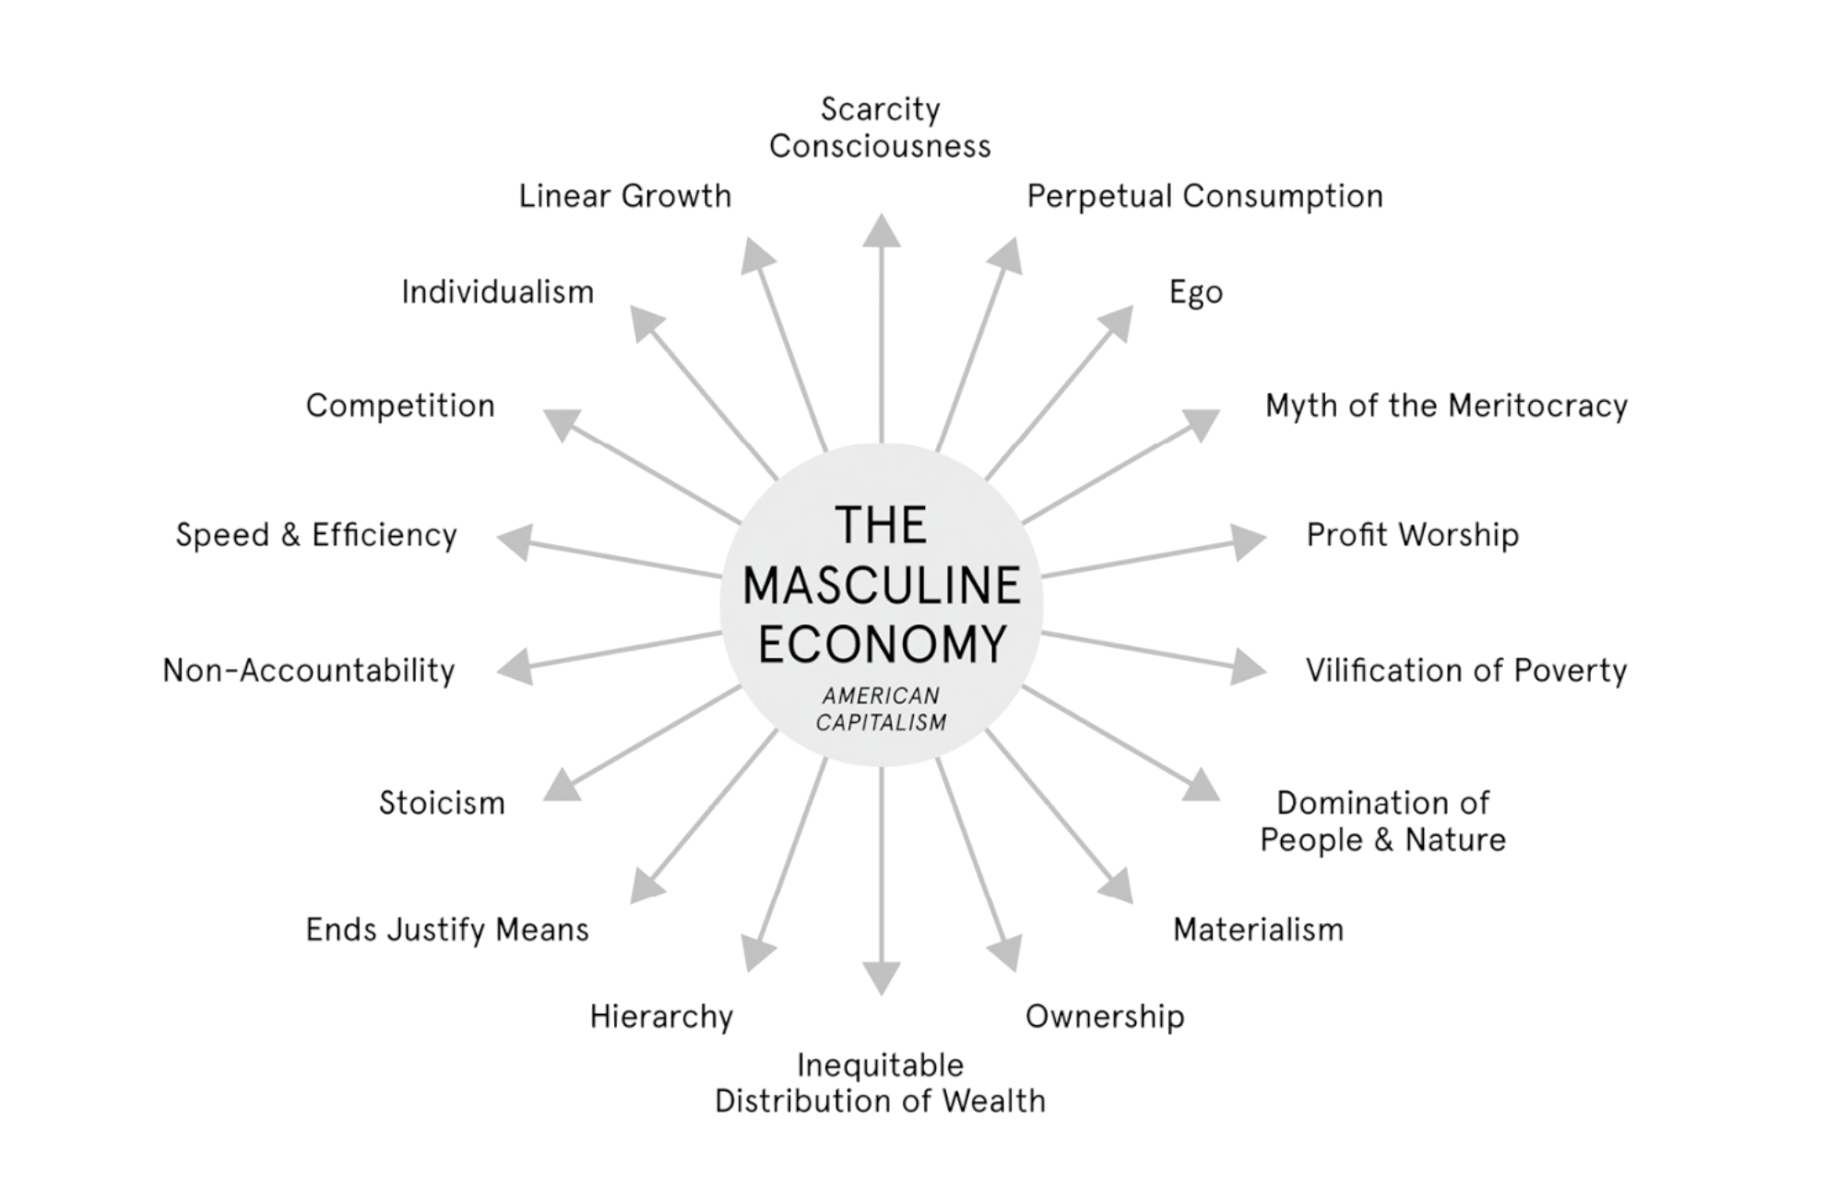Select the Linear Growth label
pos(625,196)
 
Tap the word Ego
pos(1196,292)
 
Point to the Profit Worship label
pos(1413,535)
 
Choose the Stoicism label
pos(442,803)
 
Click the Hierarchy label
pos(661,1017)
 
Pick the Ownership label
pos(1105,1017)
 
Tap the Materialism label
pos(1258,929)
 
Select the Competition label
pos(400,406)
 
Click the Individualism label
pos(498,292)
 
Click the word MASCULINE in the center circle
pos(882,587)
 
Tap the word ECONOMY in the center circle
pos(882,644)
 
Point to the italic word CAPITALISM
pos(881,722)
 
